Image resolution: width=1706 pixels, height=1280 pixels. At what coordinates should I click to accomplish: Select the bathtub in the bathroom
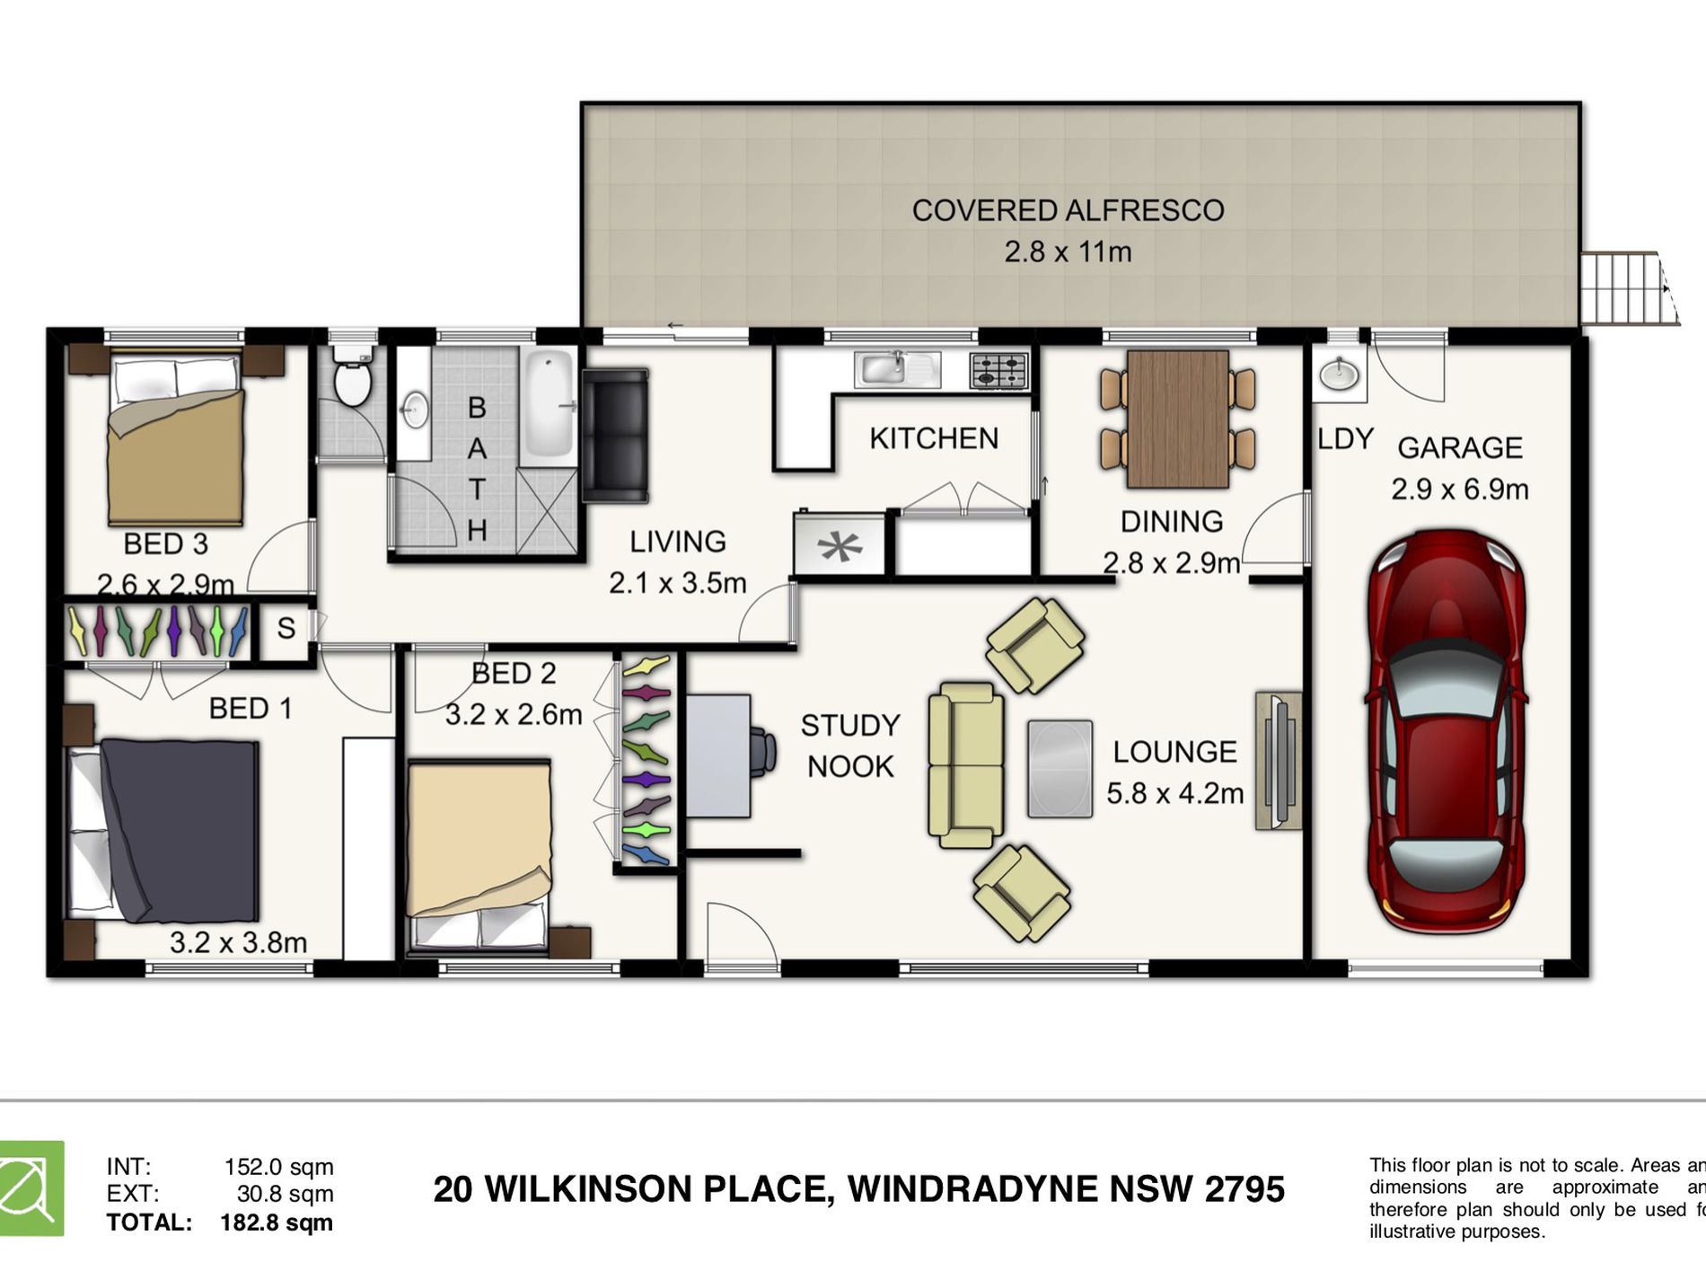pos(549,403)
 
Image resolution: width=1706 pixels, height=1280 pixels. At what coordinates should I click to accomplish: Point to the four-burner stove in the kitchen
pos(998,369)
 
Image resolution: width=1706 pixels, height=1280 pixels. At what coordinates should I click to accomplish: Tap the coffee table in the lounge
pos(1060,769)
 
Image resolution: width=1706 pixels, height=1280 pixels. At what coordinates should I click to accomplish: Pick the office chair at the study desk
pos(762,753)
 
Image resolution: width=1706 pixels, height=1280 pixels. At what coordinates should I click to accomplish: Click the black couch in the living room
pos(615,435)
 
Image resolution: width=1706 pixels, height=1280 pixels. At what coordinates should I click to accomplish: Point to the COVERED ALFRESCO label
pos(1068,210)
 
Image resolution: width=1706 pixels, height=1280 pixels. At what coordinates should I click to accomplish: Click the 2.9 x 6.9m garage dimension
pos(1459,490)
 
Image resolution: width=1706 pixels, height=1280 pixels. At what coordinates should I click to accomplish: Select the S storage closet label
pos(286,628)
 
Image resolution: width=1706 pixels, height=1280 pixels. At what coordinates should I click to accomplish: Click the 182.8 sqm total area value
pos(277,1223)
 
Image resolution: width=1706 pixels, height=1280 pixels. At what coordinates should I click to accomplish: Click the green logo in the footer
pos(31,1188)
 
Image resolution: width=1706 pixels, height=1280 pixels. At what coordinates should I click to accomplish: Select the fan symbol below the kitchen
pos(840,545)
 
